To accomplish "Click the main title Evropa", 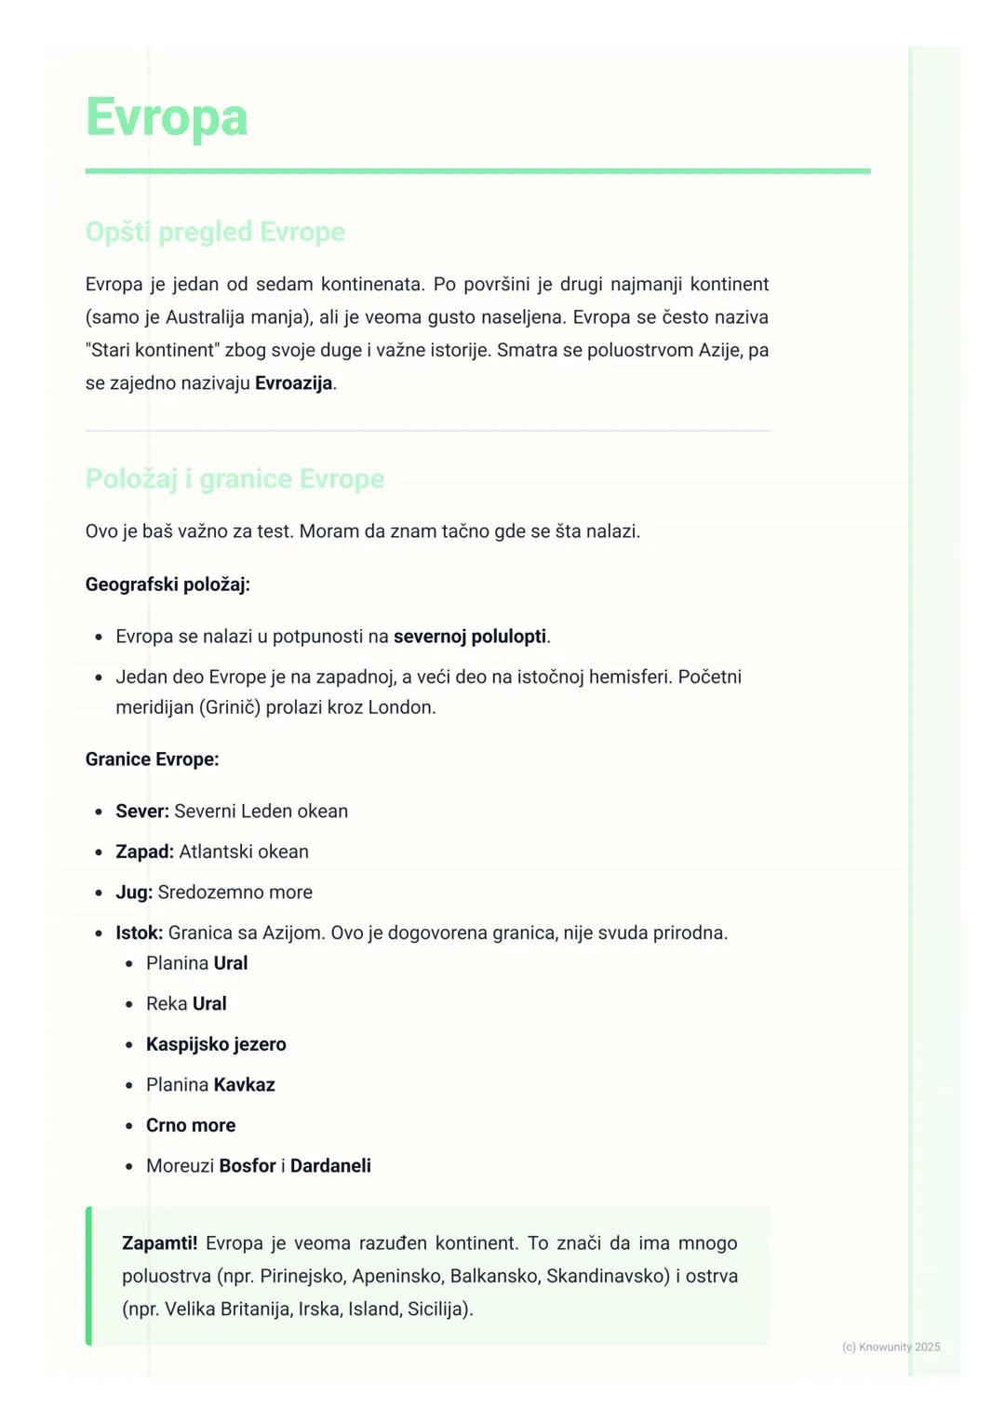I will (x=167, y=118).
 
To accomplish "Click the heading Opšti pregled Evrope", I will (x=215, y=232).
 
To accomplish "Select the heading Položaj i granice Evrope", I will (x=234, y=478).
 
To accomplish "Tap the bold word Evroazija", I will (x=293, y=383).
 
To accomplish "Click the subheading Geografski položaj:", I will (x=167, y=584).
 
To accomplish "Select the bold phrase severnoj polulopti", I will (x=470, y=637).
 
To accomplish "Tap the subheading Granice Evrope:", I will (x=152, y=759).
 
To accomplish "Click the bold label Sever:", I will (x=142, y=812).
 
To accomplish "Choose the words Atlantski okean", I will (x=244, y=852).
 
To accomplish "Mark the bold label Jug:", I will (x=134, y=892).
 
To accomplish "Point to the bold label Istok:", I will (x=139, y=932).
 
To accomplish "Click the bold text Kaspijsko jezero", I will (x=216, y=1044).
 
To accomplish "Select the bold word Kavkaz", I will (x=244, y=1085).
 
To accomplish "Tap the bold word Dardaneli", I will (x=330, y=1166).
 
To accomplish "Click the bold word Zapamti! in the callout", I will (x=159, y=1243).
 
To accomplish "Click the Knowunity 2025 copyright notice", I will (x=891, y=1347).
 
